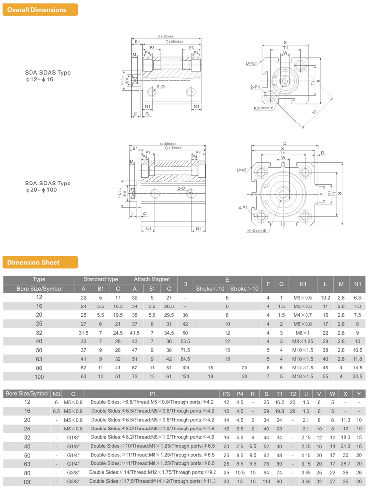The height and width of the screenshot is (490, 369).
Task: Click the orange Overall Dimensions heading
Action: tap(40, 10)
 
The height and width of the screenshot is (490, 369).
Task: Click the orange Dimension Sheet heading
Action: tap(40, 263)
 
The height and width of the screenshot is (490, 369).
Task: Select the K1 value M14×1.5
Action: tap(303, 367)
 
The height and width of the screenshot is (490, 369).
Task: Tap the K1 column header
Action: tap(303, 284)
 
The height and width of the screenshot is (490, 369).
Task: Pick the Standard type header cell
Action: tap(100, 279)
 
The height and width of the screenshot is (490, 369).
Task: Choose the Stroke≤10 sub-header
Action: tap(210, 289)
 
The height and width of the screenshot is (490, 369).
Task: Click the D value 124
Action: tap(185, 376)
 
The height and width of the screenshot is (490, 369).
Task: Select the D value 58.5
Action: tap(185, 341)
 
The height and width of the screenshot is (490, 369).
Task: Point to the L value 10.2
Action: tap(325, 297)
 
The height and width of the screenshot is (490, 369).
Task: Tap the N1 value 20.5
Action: tap(357, 376)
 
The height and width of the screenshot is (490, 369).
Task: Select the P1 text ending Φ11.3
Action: tap(154, 482)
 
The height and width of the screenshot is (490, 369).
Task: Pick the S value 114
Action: tap(266, 482)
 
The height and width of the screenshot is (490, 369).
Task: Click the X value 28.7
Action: tap(346, 463)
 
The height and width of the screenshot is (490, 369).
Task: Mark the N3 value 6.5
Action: tap(56, 411)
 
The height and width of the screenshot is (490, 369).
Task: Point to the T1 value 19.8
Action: tap(279, 411)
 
